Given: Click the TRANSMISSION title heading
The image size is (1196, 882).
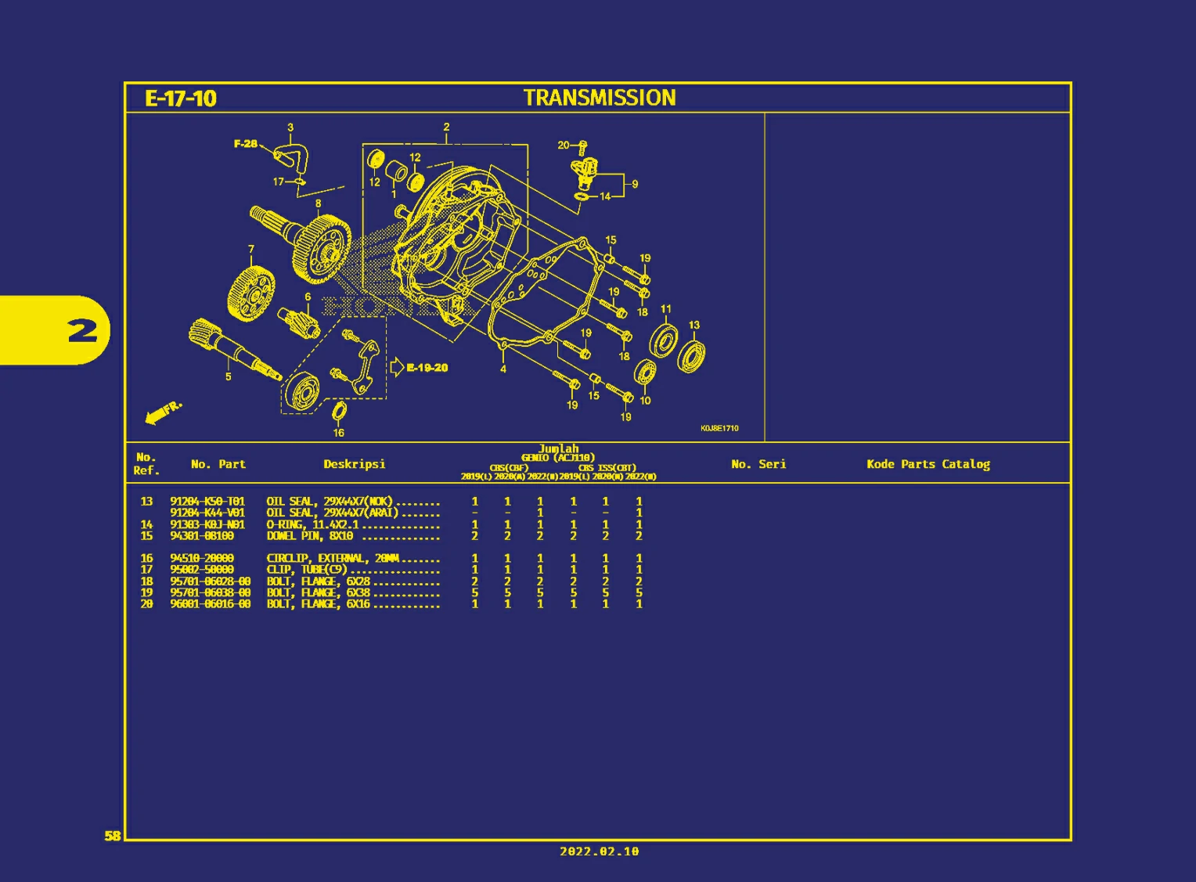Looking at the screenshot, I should (x=600, y=98).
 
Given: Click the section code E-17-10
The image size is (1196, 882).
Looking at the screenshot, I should (x=181, y=99).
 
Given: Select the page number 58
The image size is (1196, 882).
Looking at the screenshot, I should (x=113, y=836).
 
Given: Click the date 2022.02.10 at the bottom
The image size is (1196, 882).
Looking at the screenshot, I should (x=599, y=851).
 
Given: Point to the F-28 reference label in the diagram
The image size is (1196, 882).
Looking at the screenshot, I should (x=245, y=144).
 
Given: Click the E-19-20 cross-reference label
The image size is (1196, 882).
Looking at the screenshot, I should (x=427, y=368).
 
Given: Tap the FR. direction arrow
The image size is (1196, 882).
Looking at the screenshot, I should (x=163, y=412).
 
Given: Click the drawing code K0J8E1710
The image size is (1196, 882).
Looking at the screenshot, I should (x=719, y=428).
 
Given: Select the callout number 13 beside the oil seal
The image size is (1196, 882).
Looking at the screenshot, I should (x=694, y=325).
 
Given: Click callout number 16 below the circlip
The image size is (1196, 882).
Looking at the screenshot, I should (x=339, y=433).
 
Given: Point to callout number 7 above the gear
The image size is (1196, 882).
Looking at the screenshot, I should (x=251, y=250).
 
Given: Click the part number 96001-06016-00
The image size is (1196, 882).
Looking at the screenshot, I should (x=210, y=604).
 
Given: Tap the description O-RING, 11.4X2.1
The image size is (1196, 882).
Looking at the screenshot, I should (x=312, y=525).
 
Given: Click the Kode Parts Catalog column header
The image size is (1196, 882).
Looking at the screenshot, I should (x=928, y=464).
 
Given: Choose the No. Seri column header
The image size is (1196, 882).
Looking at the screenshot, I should (x=758, y=464).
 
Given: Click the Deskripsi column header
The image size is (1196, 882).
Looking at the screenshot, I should (x=354, y=464).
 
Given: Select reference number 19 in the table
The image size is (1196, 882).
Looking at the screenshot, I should (x=146, y=593).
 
